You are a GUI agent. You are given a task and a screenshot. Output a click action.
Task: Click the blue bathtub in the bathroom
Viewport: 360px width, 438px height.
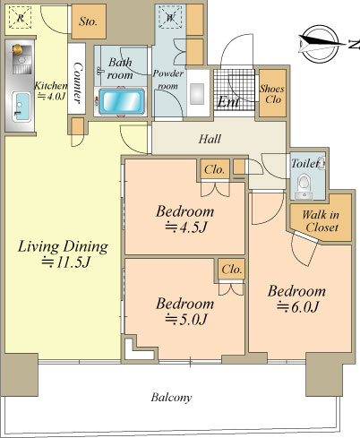pyautogui.click(x=122, y=101)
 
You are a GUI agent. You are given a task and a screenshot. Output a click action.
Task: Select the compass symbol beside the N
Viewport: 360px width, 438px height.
pyautogui.click(x=320, y=44)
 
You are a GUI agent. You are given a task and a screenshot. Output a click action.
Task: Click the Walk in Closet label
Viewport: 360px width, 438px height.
pyautogui.click(x=321, y=221)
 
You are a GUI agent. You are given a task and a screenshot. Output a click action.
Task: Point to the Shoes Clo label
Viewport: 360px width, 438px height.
pyautogui.click(x=272, y=94)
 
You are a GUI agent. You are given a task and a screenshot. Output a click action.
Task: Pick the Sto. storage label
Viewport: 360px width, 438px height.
pyautogui.click(x=88, y=21)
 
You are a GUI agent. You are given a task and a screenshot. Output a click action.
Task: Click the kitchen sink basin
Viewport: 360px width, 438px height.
pyautogui.click(x=21, y=107)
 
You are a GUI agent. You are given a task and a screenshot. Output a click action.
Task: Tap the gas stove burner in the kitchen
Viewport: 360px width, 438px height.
pyautogui.click(x=17, y=49)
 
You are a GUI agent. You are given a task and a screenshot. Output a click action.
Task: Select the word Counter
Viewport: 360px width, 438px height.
pyautogui.click(x=77, y=82)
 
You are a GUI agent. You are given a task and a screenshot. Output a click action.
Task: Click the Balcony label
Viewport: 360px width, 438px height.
pyautogui.click(x=171, y=398)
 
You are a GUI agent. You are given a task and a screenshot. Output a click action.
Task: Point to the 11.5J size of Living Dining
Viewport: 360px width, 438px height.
pyautogui.click(x=65, y=262)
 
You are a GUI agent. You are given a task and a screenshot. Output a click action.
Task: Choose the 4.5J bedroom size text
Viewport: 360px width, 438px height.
pyautogui.click(x=185, y=228)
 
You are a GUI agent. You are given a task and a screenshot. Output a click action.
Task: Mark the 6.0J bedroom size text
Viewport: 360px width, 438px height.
pyautogui.click(x=297, y=307)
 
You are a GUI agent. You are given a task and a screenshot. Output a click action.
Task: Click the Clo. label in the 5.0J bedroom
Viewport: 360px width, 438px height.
pyautogui.click(x=232, y=270)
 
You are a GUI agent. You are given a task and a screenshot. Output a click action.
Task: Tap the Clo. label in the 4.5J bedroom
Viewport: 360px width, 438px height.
pyautogui.click(x=214, y=169)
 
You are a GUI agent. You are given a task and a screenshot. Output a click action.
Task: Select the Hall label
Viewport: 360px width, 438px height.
pyautogui.click(x=210, y=139)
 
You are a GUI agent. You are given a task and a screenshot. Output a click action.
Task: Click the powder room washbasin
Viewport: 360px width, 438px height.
pyautogui.click(x=197, y=94)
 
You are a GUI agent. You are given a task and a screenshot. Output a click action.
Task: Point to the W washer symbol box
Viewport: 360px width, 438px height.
pyautogui.click(x=170, y=17)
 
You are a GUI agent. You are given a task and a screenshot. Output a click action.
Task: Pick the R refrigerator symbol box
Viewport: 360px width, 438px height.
pyautogui.click(x=21, y=17)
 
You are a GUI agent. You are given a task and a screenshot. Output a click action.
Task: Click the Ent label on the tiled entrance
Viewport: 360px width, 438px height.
pyautogui.click(x=228, y=102)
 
